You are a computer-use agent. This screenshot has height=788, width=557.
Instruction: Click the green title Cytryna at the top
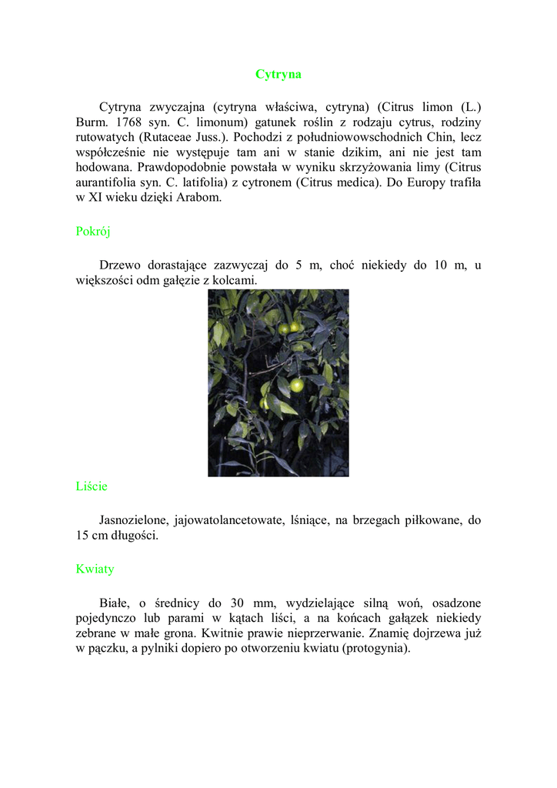click(278, 75)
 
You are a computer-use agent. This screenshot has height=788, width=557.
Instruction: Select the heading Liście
click(92, 486)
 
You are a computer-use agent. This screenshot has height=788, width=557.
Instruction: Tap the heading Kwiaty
click(95, 569)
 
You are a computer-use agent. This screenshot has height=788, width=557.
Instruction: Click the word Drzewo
click(120, 265)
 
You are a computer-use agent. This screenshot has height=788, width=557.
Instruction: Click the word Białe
click(115, 603)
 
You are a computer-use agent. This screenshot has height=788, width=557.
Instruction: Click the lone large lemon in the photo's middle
click(296, 386)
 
